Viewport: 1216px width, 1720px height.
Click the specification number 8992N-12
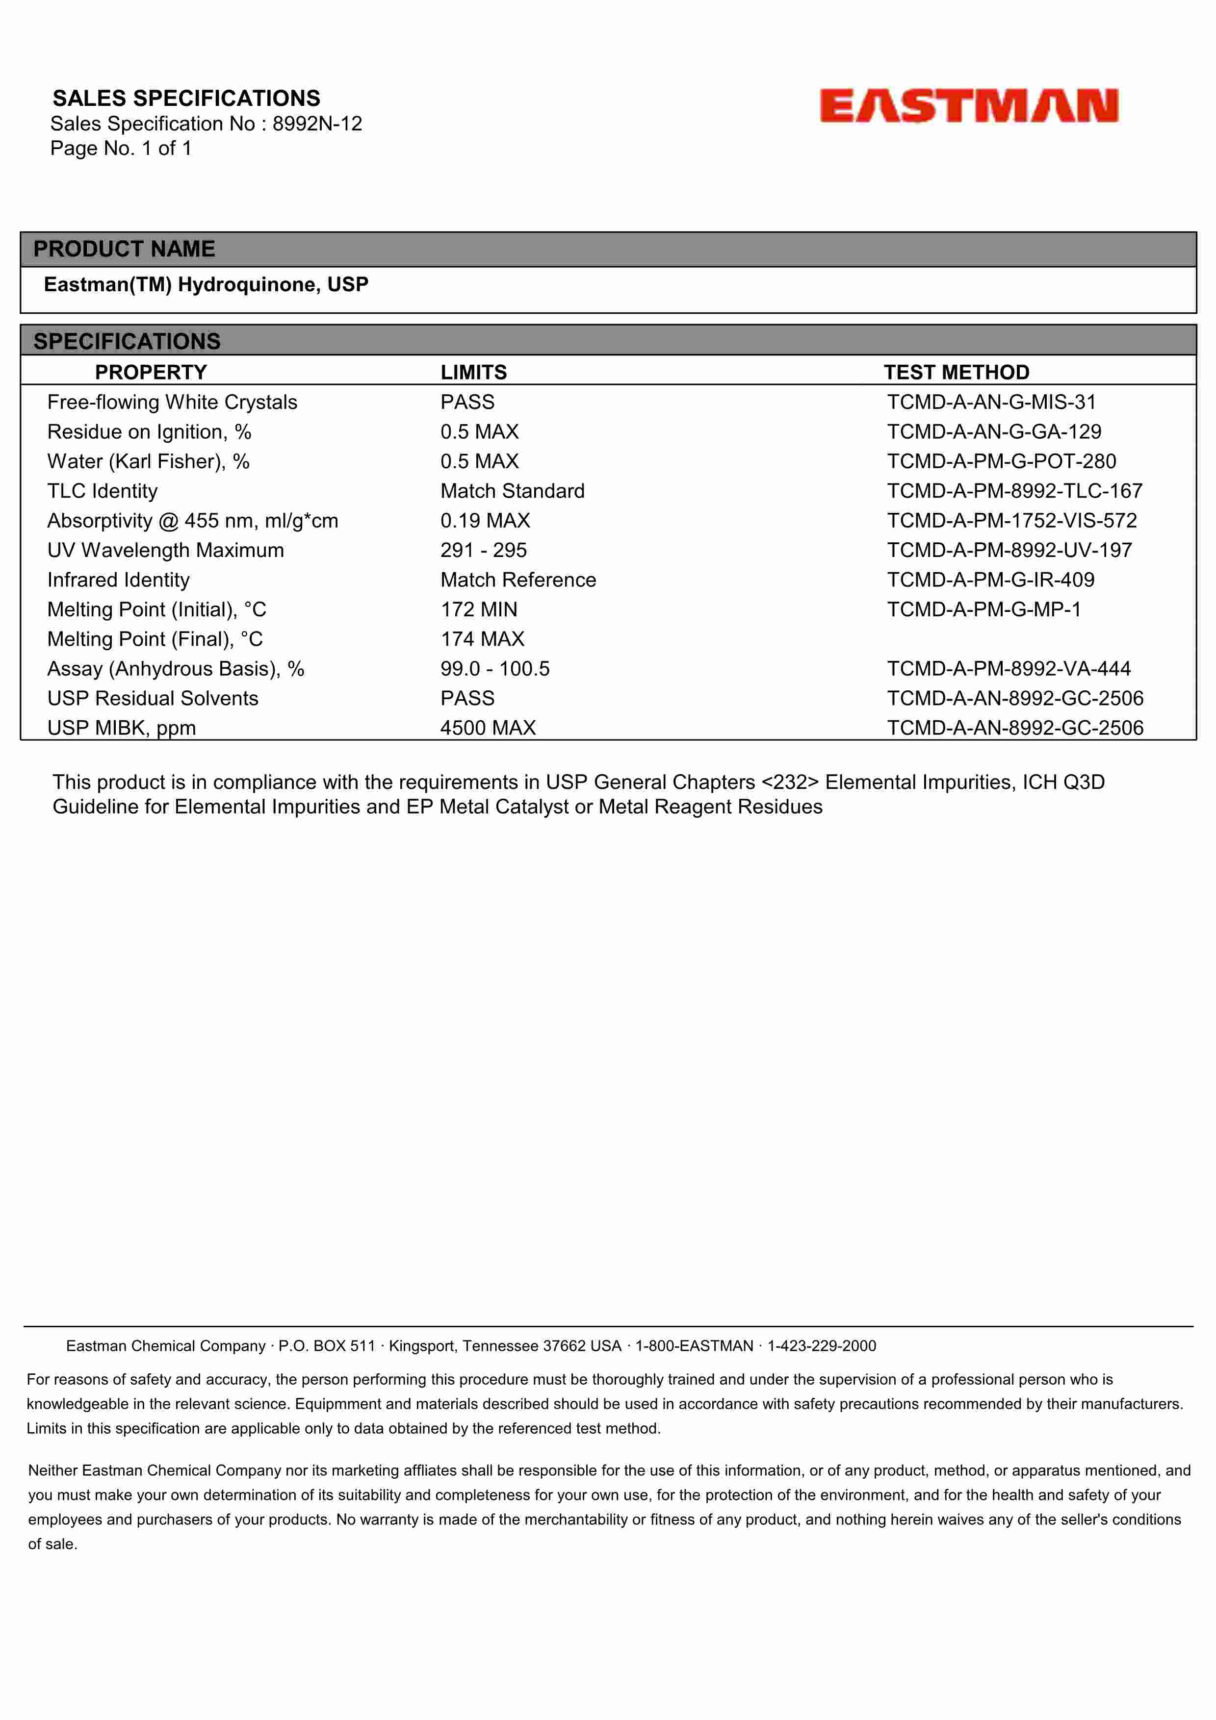pyautogui.click(x=317, y=124)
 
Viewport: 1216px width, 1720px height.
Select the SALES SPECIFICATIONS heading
pyautogui.click(x=186, y=98)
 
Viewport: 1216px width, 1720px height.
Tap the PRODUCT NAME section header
pyautogui.click(x=125, y=249)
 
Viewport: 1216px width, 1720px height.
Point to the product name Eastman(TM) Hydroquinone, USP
pyautogui.click(x=206, y=285)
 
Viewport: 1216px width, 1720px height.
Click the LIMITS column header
pyautogui.click(x=473, y=372)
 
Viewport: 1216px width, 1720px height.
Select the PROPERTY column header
pyautogui.click(x=151, y=372)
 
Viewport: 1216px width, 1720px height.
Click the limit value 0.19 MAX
pyautogui.click(x=485, y=521)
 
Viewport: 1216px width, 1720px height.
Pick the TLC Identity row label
pyautogui.click(x=103, y=491)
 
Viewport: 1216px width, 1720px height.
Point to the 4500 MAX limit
pyautogui.click(x=488, y=728)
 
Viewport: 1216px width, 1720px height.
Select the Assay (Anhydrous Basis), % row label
pyautogui.click(x=175, y=668)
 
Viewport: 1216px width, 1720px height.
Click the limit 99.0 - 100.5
pyautogui.click(x=494, y=668)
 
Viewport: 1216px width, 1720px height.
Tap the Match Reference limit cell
pyautogui.click(x=517, y=580)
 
